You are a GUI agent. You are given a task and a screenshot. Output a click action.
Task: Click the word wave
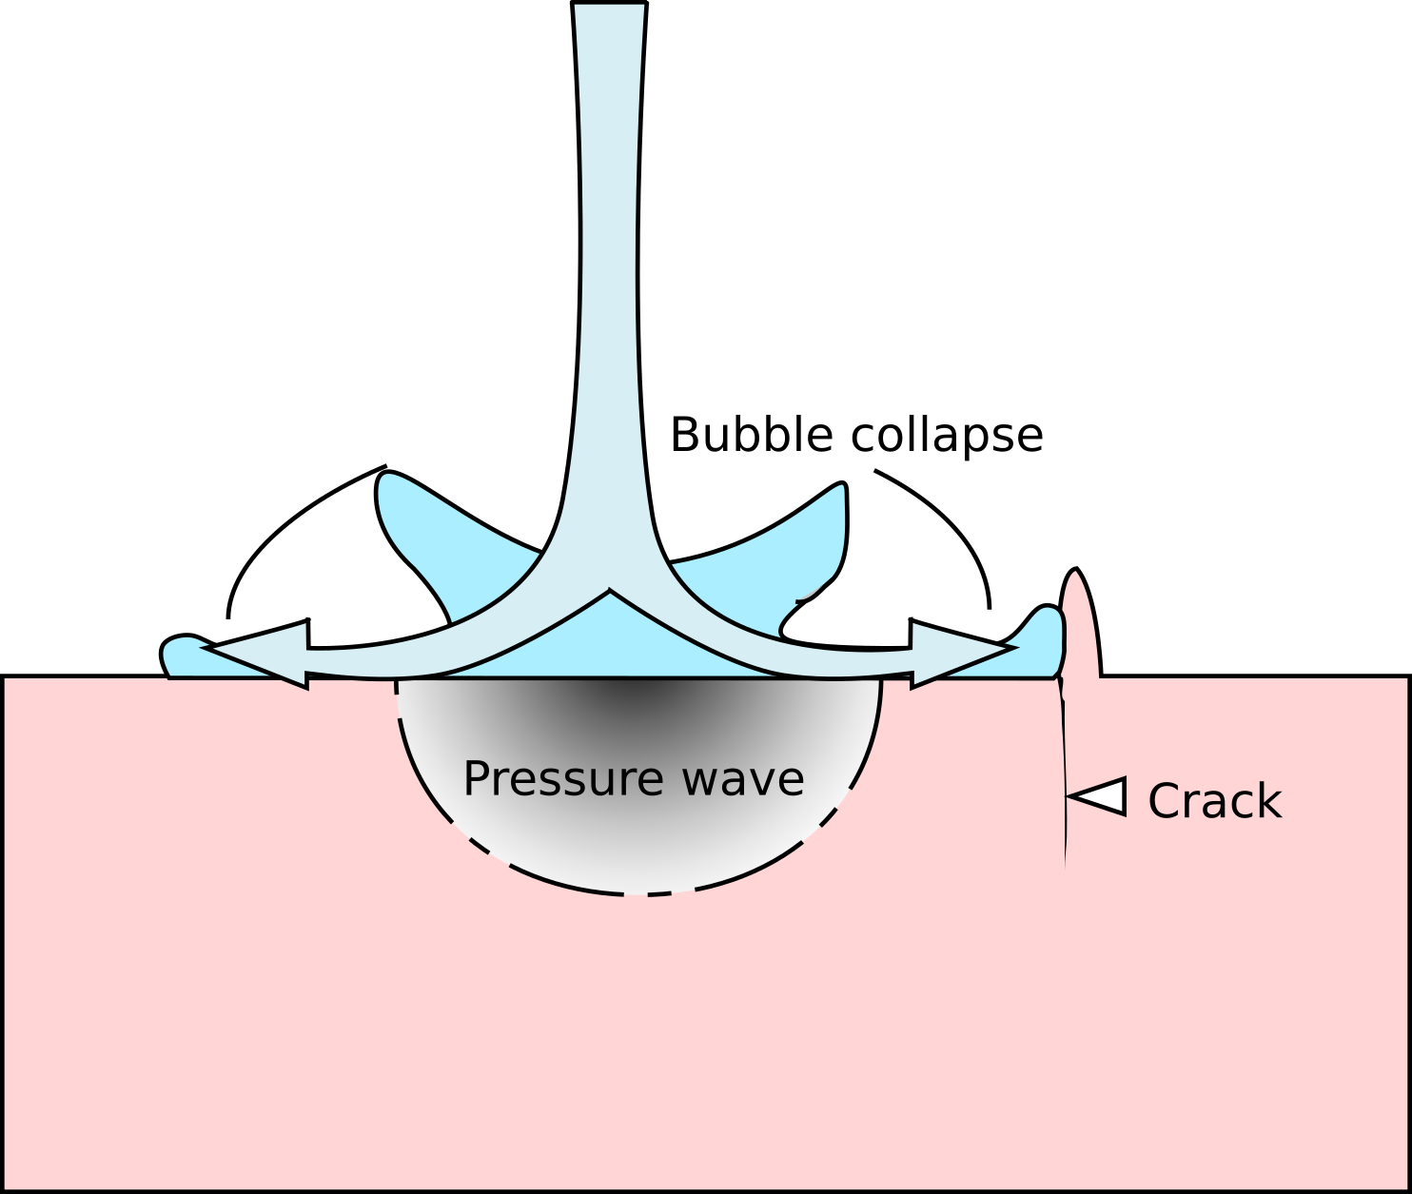tap(743, 779)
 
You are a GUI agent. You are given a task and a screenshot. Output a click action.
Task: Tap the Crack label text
tap(1214, 801)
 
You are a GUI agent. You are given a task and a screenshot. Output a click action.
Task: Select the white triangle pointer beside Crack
tap(1102, 796)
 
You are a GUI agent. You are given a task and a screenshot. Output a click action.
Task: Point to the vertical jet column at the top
tap(609, 238)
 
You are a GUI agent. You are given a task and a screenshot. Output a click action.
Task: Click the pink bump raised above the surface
tap(1079, 628)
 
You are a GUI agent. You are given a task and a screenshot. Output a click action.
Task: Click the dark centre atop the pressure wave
tap(633, 695)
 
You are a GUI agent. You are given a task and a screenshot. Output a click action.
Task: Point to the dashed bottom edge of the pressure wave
tap(636, 893)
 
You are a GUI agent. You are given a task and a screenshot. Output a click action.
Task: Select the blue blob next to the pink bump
tap(1042, 642)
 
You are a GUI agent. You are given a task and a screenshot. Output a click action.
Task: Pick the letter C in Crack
tap(1165, 801)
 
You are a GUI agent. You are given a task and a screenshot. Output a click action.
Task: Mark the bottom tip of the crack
tap(1065, 866)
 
